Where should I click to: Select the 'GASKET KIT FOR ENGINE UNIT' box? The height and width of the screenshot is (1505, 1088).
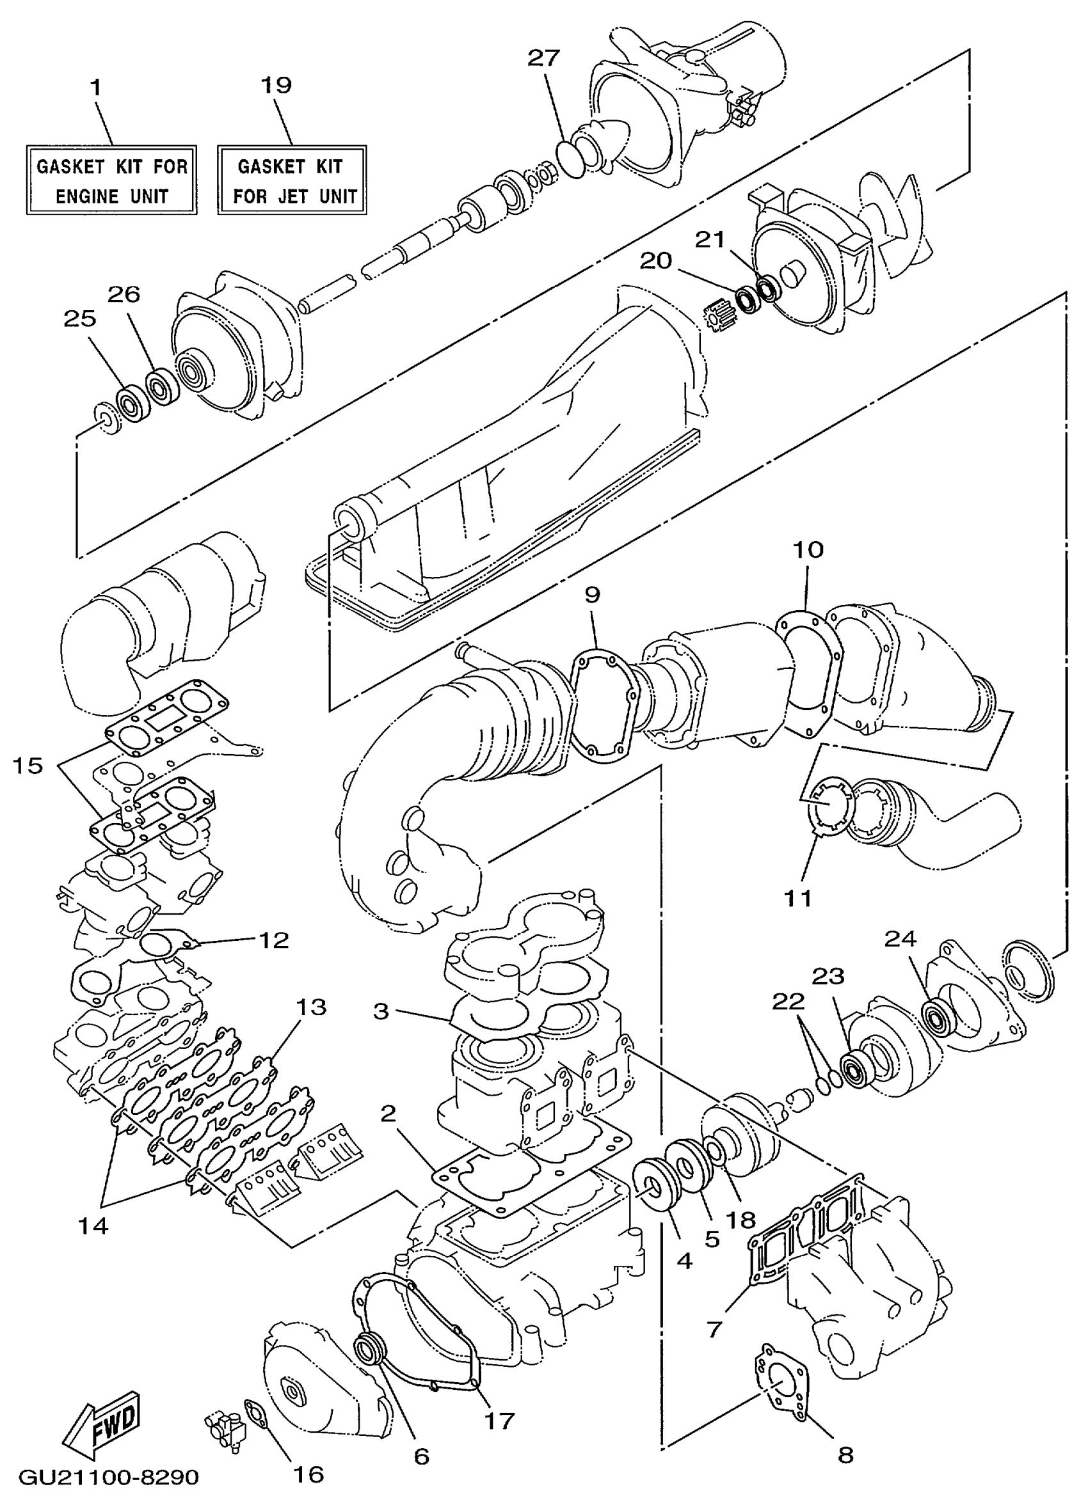coord(111,180)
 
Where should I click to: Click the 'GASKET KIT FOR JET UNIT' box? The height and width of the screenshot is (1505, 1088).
coord(292,180)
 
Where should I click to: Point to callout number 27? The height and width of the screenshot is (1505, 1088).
coord(545,58)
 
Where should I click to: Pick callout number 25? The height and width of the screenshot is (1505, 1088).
coord(79,319)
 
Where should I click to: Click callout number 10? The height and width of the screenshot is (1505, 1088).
coord(808,550)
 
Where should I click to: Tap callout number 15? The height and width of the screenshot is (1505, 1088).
coord(28,766)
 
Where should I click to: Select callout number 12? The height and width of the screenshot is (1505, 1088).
coord(274,940)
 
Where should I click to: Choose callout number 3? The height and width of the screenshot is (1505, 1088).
coord(380,1012)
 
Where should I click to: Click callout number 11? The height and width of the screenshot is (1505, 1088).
coord(798,899)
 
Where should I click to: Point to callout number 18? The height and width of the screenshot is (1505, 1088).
coord(742,1220)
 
